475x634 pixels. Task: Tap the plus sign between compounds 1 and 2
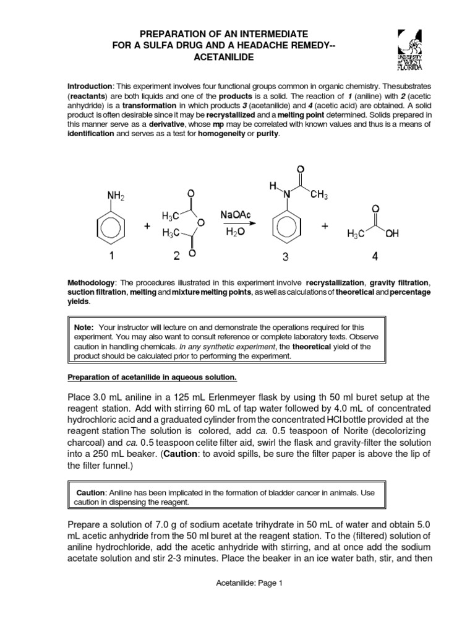(x=147, y=227)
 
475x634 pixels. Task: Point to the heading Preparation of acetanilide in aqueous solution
(x=152, y=377)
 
